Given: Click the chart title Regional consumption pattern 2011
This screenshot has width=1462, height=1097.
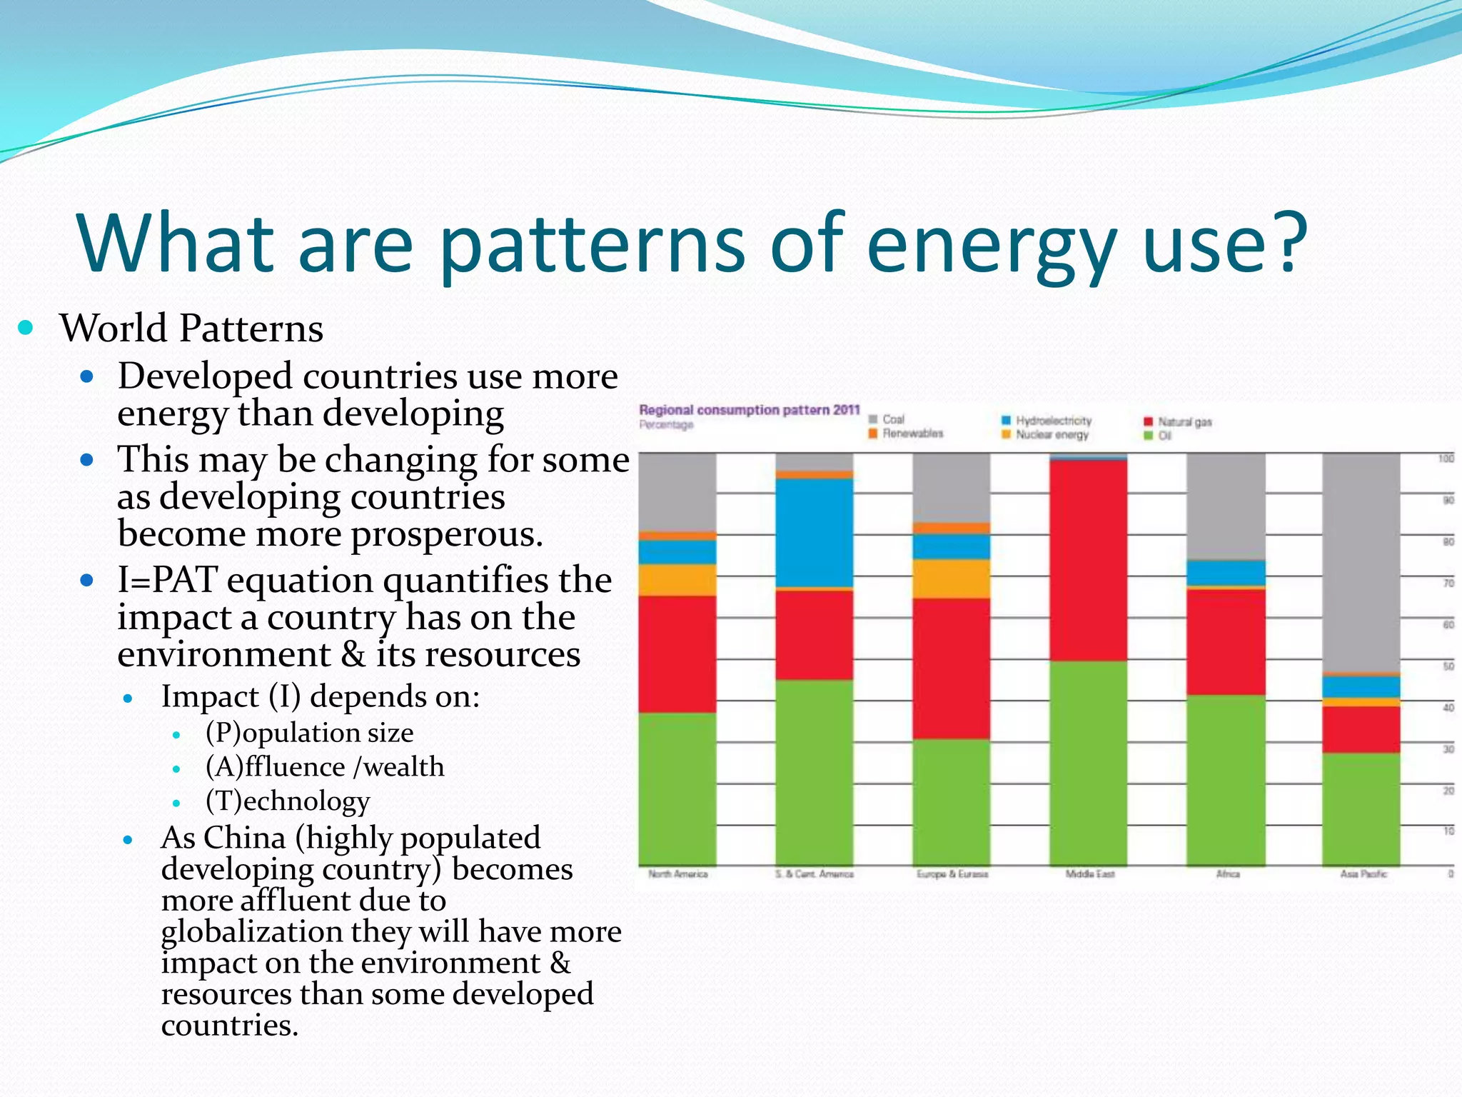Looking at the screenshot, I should (749, 410).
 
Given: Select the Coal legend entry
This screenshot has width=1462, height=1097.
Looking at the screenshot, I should (892, 419).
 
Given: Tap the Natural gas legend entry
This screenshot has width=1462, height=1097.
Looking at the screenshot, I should (1184, 422).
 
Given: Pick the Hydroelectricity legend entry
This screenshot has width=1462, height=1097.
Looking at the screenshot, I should (1053, 421).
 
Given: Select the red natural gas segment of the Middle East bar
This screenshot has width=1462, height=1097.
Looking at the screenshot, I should (1088, 561).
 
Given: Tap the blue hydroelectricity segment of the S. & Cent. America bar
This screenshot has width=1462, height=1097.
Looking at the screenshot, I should (814, 533).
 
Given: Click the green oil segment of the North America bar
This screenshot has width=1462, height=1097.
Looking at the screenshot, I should (677, 788).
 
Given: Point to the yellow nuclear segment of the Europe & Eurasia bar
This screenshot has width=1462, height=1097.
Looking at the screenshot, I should (951, 578).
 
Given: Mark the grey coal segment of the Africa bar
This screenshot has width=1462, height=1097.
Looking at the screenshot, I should (1225, 506).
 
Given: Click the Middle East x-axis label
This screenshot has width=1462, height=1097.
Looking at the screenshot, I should (1089, 874).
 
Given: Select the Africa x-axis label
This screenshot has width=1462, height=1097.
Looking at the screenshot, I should (1228, 874).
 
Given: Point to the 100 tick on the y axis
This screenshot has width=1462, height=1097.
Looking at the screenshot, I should (1446, 459).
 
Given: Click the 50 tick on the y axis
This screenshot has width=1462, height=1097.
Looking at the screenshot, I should (1448, 666).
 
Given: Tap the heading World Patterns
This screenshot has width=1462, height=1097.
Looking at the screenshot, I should (191, 329).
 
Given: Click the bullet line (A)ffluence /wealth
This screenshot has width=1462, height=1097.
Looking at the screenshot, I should (325, 767).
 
